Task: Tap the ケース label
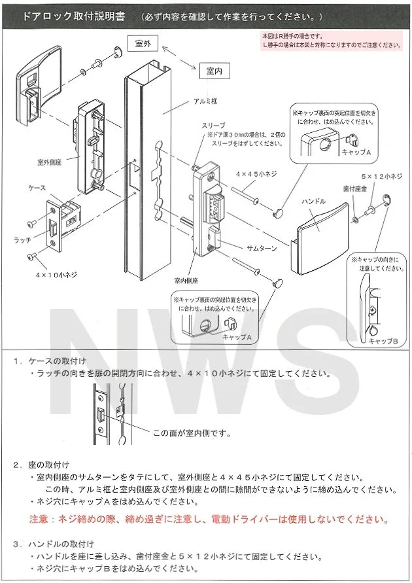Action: click(37, 187)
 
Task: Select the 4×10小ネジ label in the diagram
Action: click(56, 275)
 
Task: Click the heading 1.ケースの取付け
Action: click(58, 361)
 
